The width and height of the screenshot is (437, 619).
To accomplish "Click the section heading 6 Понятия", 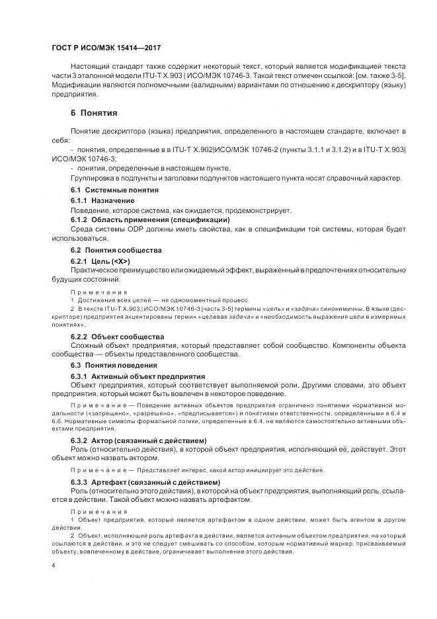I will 94,112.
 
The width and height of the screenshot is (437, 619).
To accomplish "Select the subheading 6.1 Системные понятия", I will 114,190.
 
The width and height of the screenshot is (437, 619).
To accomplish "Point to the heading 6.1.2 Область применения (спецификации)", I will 150,219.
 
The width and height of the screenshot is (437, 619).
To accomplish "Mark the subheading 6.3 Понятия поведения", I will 114,365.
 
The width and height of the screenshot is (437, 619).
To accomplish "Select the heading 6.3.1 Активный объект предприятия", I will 138,376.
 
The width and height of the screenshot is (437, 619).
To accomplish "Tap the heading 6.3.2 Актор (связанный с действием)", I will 139,440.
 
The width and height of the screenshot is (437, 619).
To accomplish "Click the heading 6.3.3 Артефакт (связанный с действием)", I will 145,481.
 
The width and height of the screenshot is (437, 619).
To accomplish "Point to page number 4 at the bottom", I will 54,565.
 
